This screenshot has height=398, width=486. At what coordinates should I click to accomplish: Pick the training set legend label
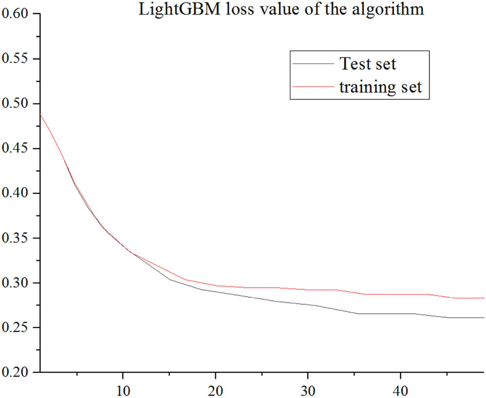381,88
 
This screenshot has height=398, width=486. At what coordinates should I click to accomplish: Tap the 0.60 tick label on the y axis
16,15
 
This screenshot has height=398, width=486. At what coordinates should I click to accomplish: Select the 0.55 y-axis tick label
16,59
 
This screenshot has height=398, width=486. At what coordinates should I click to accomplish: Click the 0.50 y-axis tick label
16,104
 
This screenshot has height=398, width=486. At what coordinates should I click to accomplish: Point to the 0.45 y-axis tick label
16,149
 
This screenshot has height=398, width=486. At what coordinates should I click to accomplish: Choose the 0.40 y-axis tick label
16,194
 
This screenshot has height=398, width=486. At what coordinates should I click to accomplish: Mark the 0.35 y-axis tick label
16,238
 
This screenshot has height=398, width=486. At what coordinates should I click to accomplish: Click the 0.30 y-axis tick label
16,283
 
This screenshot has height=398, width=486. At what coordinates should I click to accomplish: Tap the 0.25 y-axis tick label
16,328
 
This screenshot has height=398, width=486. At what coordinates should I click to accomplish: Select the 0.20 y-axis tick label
16,373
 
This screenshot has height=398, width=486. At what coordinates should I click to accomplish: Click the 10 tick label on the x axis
123,390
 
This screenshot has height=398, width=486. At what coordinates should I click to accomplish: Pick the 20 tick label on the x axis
215,390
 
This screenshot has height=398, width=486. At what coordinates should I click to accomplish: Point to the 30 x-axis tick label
308,390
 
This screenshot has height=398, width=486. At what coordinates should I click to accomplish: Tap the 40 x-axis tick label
400,390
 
